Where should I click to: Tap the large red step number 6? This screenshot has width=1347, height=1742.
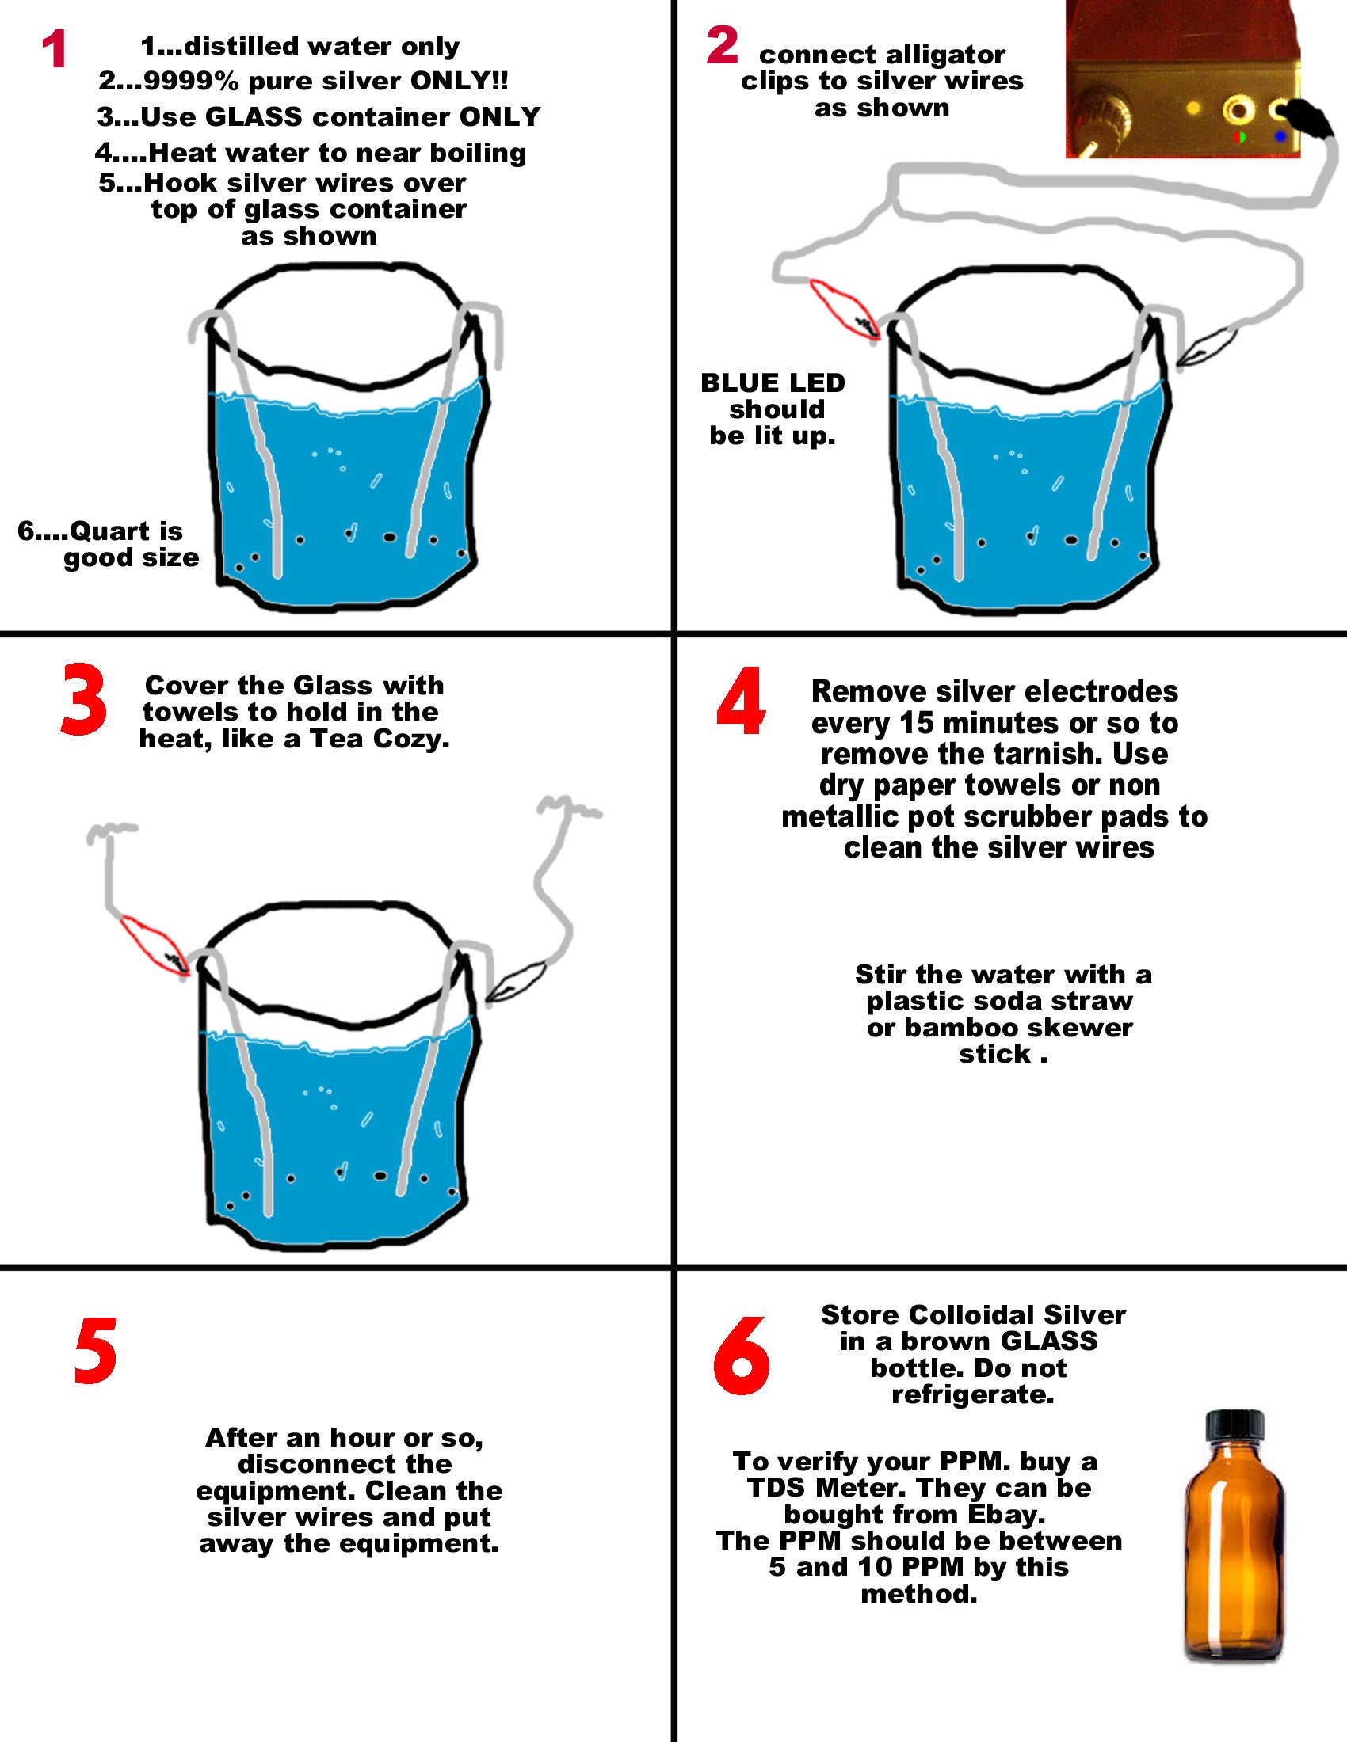(742, 1355)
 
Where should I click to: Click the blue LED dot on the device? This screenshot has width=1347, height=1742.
(1280, 136)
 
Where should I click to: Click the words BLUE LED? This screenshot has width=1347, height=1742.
(772, 383)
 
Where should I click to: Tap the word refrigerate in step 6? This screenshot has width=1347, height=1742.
(972, 1394)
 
